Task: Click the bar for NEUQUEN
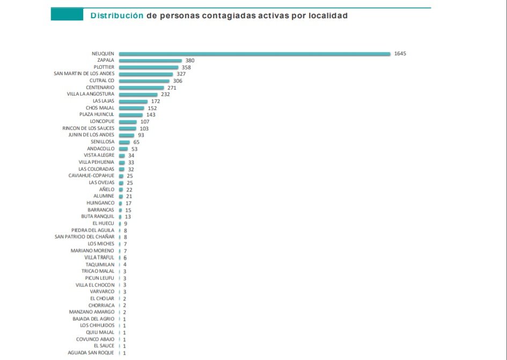pyautogui.click(x=254, y=54)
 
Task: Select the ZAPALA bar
pyautogui.click(x=150, y=61)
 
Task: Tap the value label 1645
pyautogui.click(x=400, y=54)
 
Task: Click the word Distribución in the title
pyautogui.click(x=116, y=16)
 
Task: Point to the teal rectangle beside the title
pyautogui.click(x=67, y=14)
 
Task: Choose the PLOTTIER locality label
pyautogui.click(x=104, y=67)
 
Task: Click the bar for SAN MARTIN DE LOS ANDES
pyautogui.click(x=146, y=74)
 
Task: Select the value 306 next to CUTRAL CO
pyautogui.click(x=178, y=81)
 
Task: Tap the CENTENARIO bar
pyautogui.click(x=141, y=87)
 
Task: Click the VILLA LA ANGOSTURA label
pyautogui.click(x=90, y=94)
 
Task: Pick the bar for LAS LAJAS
pyautogui.click(x=133, y=101)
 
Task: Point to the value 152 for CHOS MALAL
pyautogui.click(x=152, y=108)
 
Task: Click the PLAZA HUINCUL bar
pyautogui.click(x=130, y=115)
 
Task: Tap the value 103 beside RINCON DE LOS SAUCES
pyautogui.click(x=144, y=128)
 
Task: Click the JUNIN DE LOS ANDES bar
pyautogui.click(x=127, y=135)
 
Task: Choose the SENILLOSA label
pyautogui.click(x=102, y=142)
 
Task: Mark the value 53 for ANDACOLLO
pyautogui.click(x=134, y=149)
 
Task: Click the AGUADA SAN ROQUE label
pyautogui.click(x=91, y=352)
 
